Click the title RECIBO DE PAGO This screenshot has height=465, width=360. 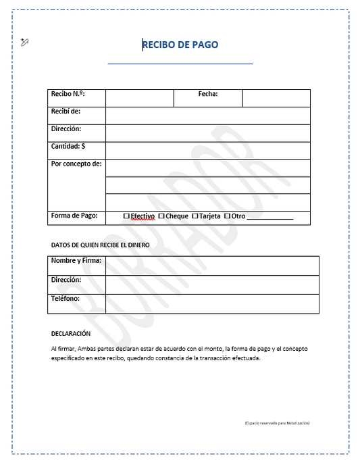(180, 45)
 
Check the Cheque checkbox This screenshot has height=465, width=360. (161, 216)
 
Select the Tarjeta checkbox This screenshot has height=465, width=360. (195, 216)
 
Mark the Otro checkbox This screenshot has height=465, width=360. (227, 216)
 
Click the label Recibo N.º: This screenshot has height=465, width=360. (68, 94)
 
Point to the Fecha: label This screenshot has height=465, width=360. (207, 94)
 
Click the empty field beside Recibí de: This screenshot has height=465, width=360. (208, 116)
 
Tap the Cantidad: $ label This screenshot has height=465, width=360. (68, 146)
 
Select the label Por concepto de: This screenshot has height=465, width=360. (76, 164)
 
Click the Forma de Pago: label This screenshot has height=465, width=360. (74, 216)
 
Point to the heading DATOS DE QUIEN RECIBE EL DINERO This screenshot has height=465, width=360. (101, 245)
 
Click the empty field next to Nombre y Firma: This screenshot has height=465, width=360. (212, 266)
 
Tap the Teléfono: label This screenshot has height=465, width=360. (66, 298)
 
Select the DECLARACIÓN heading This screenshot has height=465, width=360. (71, 334)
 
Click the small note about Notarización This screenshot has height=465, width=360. (277, 422)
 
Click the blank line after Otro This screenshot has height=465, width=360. (270, 218)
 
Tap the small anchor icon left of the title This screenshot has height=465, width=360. (26, 43)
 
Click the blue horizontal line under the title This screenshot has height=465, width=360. (180, 64)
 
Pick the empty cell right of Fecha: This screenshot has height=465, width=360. (276, 98)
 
